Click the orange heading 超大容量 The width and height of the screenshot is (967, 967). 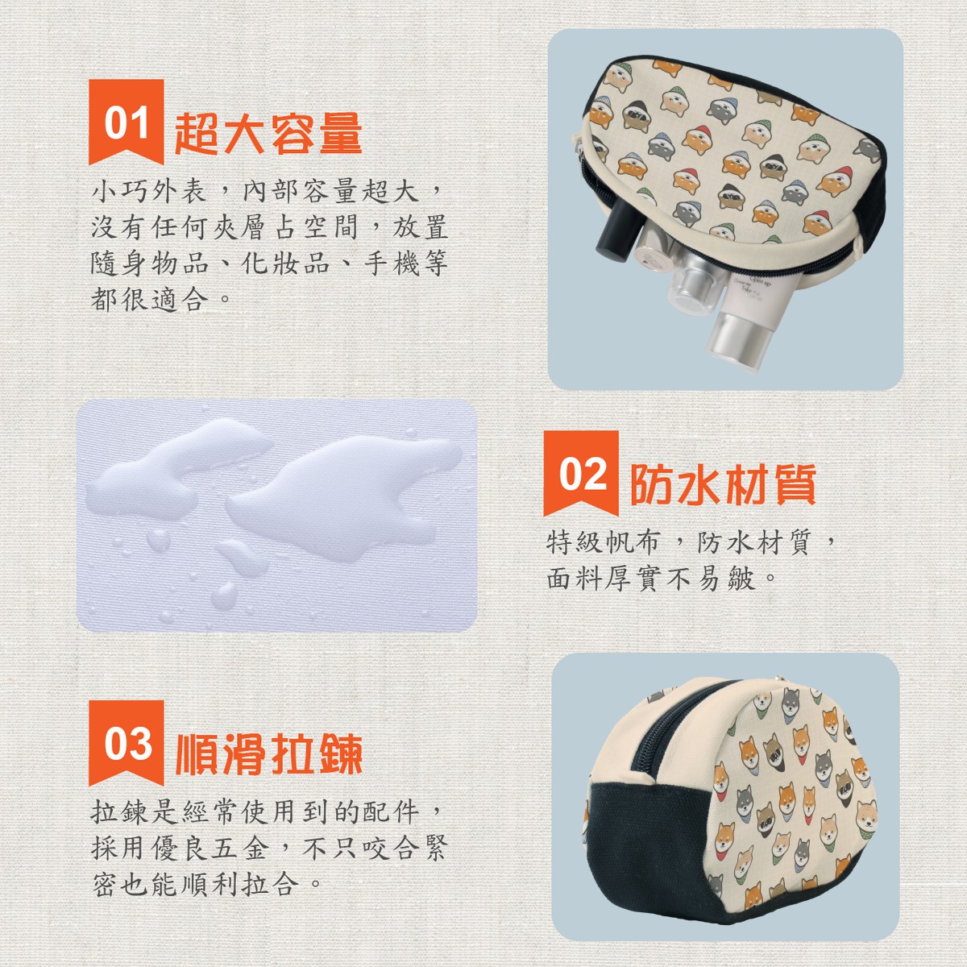(268, 133)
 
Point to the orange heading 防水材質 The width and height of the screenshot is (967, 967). (723, 483)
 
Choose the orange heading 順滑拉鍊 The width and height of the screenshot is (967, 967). (268, 753)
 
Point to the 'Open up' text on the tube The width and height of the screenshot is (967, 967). (761, 280)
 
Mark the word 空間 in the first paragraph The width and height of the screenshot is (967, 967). (331, 226)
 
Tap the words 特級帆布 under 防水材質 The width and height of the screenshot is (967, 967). (603, 543)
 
